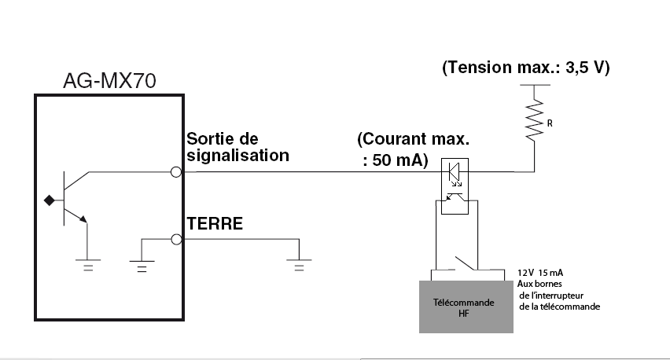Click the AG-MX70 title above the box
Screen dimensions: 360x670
tap(110, 82)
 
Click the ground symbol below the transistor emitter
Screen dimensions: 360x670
tap(88, 264)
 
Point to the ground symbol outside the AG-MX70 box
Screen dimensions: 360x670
tap(298, 264)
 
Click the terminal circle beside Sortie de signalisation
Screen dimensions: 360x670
tap(177, 171)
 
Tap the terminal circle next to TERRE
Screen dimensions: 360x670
tap(177, 238)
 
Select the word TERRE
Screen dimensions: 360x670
tap(215, 224)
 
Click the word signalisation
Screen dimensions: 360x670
tap(237, 155)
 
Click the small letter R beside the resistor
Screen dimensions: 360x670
tap(550, 122)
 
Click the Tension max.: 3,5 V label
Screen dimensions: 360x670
tap(526, 68)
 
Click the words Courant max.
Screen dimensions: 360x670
tap(412, 141)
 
